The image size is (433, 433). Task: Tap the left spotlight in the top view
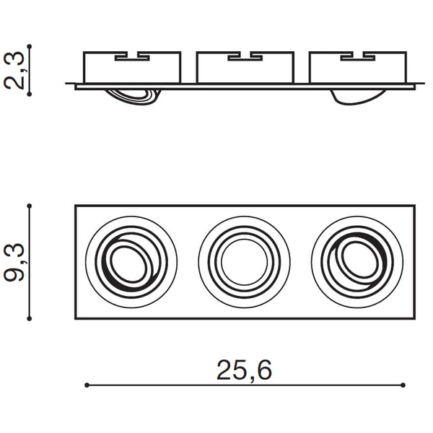point(131,262)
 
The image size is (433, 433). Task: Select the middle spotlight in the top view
point(244,262)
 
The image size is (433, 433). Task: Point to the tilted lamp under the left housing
point(134,95)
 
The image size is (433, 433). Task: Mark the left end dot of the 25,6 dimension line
point(86,385)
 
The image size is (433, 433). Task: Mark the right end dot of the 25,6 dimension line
point(404,385)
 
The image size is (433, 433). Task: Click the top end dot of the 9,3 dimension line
point(30,206)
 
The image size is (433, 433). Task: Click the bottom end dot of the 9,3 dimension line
point(30,318)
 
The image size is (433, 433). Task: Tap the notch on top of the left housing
point(132,56)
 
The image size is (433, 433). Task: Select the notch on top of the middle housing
point(245,56)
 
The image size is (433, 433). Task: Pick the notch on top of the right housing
point(358,56)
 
